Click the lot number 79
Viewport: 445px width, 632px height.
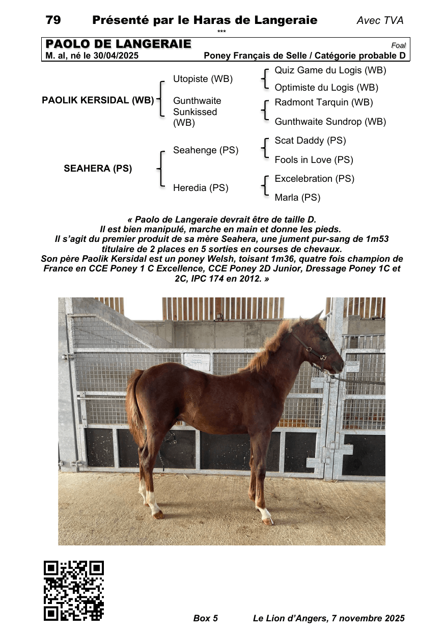coord(53,20)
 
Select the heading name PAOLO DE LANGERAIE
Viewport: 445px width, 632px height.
coord(118,44)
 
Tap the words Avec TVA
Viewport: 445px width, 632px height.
coord(380,21)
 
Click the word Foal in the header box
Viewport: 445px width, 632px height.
coord(398,46)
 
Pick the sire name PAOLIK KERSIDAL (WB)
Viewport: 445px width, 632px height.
coord(98,100)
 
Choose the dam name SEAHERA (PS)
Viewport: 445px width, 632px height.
coord(98,169)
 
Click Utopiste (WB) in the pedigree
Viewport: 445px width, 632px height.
coord(203,79)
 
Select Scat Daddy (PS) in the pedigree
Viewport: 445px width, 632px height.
coord(310,141)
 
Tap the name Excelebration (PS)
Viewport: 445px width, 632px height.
coord(314,179)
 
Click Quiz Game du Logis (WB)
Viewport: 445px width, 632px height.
coord(330,70)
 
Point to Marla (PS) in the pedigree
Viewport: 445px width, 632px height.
coord(297,198)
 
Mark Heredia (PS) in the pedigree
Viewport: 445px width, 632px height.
coord(201,188)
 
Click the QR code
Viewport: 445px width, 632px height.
coord(74,591)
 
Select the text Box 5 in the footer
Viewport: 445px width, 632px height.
coord(206,618)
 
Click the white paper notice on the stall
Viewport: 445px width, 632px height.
coord(196,361)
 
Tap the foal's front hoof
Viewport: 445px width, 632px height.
coord(268,520)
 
